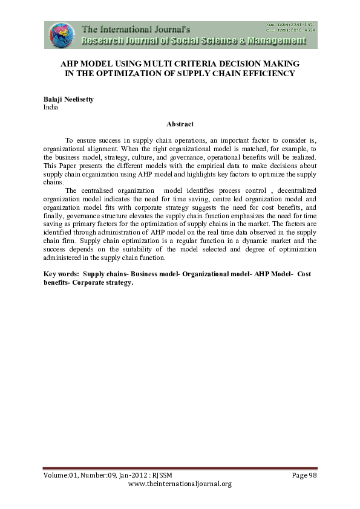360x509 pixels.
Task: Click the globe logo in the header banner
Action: pos(61,35)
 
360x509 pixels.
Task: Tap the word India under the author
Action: pos(51,107)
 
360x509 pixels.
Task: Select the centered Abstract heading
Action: pos(180,125)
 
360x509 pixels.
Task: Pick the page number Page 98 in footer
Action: pos(304,475)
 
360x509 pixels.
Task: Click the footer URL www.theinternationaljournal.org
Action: pos(180,484)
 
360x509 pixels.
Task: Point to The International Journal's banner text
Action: pos(136,28)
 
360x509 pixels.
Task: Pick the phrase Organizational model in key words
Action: pos(194,274)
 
